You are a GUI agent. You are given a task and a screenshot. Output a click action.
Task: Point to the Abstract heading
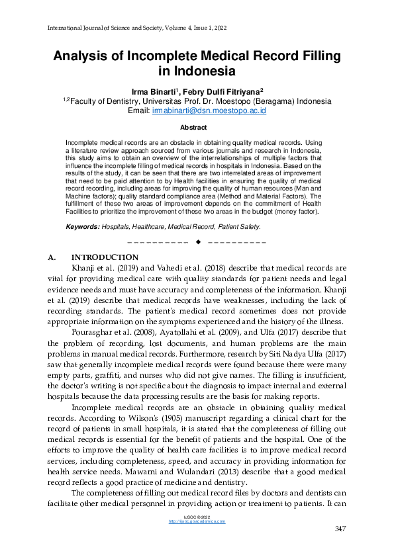(x=196, y=128)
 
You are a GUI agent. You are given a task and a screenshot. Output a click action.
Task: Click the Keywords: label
(x=82, y=226)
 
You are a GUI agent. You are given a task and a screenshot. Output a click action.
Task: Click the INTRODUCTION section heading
(x=105, y=257)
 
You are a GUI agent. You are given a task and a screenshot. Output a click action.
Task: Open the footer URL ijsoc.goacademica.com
(x=197, y=521)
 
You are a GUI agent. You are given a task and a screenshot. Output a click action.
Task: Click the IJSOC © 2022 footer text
(x=197, y=516)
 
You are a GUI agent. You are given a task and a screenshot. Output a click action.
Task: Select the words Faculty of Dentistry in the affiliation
(x=103, y=101)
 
